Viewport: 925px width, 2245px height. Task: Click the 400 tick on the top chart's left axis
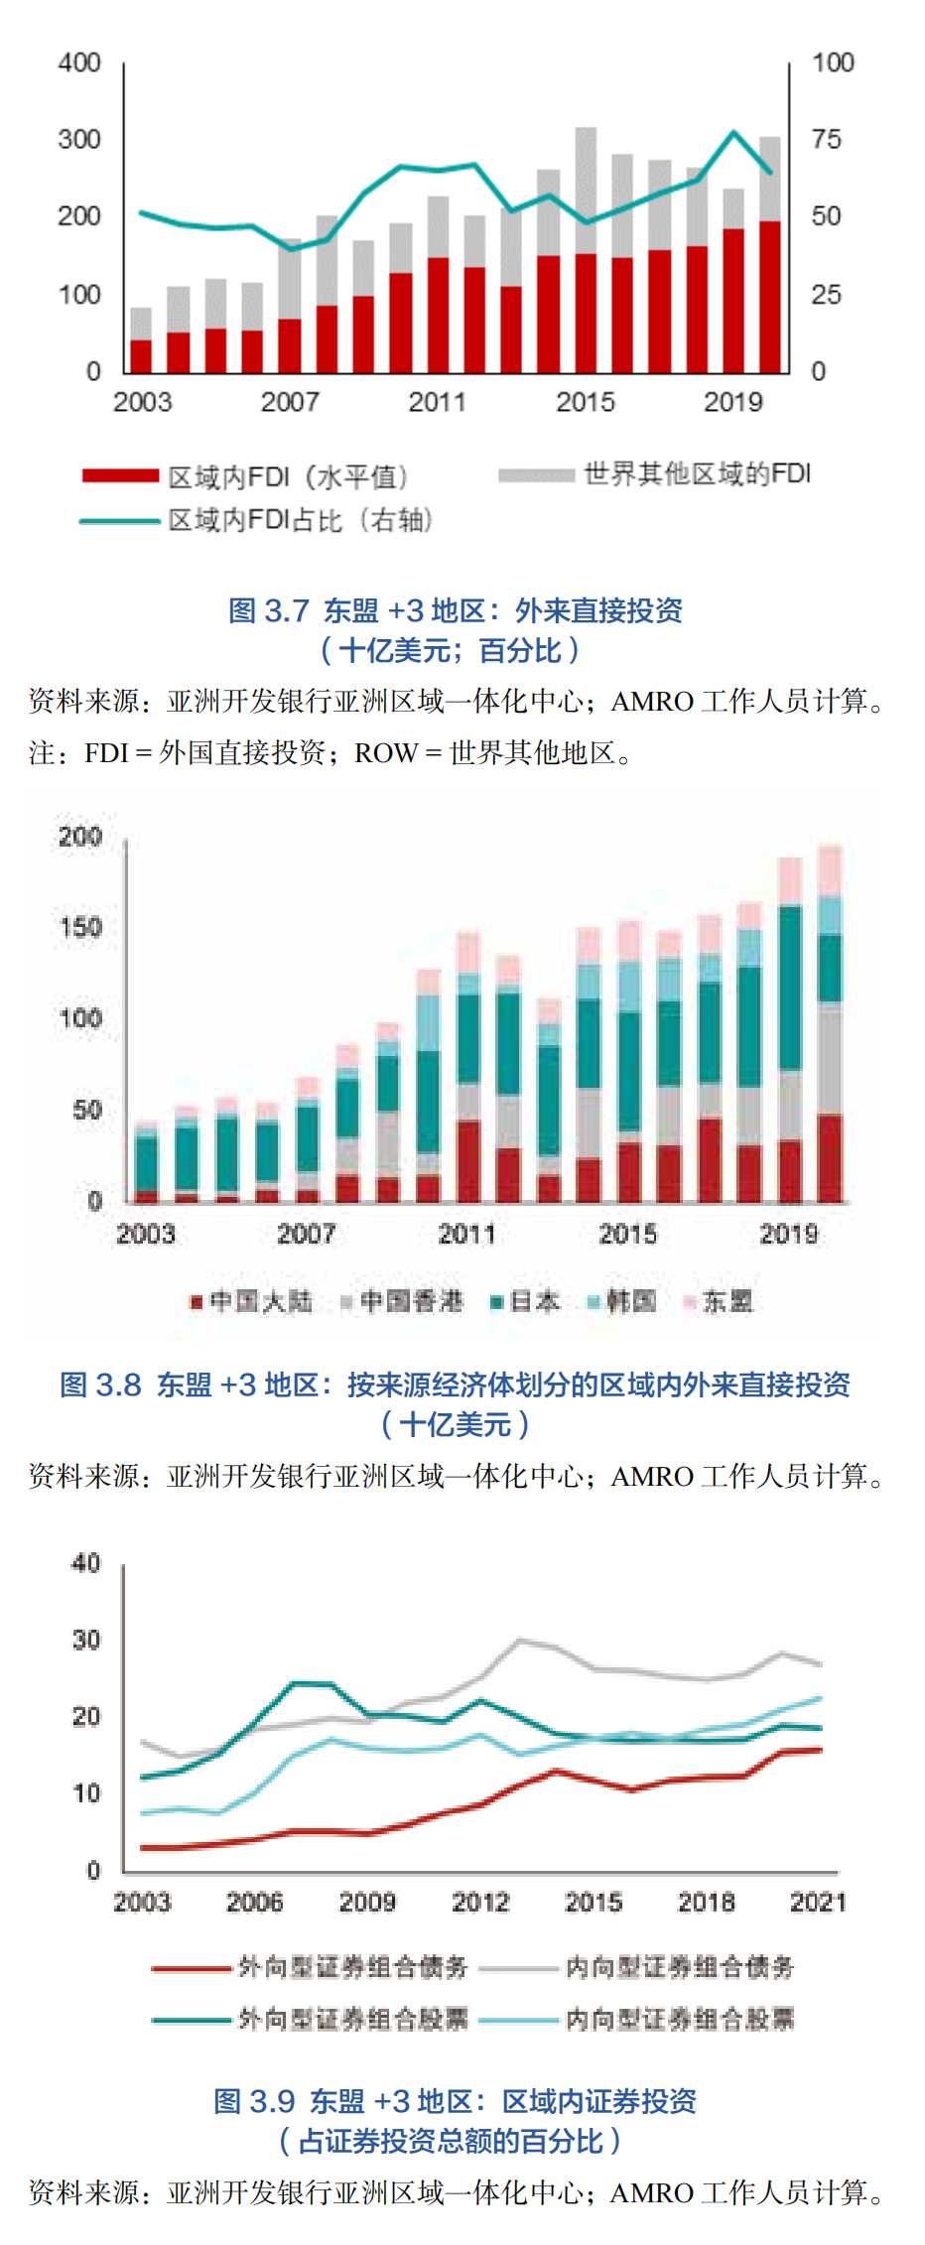[79, 63]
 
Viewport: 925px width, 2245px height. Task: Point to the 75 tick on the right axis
[826, 140]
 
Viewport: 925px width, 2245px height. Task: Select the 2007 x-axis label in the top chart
[290, 402]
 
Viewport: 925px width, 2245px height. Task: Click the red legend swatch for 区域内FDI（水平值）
[120, 476]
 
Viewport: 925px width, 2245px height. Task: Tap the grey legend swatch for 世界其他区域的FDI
[536, 475]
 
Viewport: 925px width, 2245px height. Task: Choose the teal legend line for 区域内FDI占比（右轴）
[120, 521]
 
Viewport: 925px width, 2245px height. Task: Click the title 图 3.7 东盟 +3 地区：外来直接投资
[456, 610]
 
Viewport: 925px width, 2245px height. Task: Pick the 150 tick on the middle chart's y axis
[80, 928]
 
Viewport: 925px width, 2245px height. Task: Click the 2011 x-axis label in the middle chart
[466, 1234]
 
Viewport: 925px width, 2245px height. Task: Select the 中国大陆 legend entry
[252, 1301]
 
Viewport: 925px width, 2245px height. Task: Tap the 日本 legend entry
[526, 1301]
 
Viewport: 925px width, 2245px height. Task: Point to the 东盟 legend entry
[719, 1301]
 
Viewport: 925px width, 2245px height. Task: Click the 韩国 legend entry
[623, 1301]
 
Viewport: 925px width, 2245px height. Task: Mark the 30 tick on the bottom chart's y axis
[87, 1641]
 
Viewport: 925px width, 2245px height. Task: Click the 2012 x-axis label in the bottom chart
[480, 1902]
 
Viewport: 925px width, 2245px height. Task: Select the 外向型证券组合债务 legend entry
[311, 1966]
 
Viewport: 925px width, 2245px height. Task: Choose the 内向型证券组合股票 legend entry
[637, 2018]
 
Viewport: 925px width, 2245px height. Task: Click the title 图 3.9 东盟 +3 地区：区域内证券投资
[455, 2101]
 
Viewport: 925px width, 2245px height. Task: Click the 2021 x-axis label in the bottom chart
[818, 1902]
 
